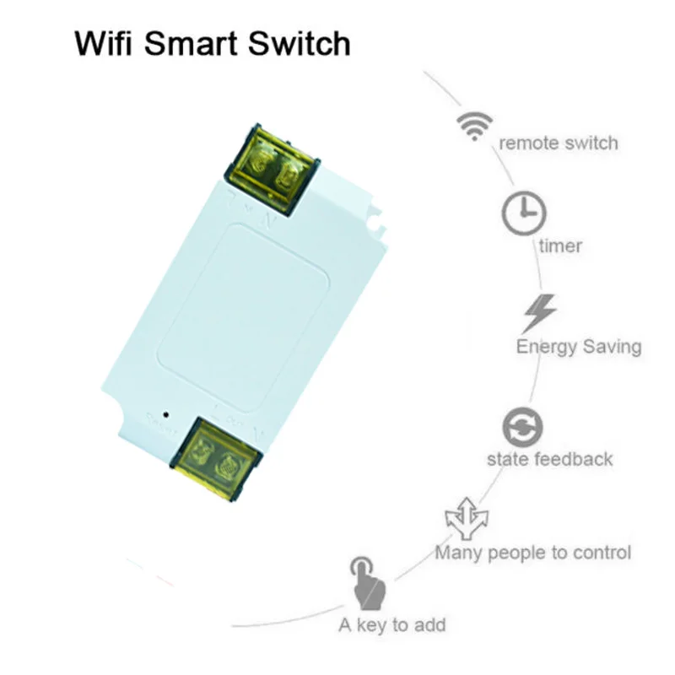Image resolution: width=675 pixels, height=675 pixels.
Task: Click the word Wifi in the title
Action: coord(106,43)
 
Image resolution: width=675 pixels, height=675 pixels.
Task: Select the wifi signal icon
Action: coord(474,124)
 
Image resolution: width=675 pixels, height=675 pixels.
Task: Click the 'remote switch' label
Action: coord(558,143)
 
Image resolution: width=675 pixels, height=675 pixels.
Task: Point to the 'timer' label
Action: coord(560,246)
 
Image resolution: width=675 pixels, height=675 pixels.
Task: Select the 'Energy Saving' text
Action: coord(578,346)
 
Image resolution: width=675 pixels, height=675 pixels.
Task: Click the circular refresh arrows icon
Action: coord(522,427)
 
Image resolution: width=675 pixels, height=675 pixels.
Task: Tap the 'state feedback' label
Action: coord(549,460)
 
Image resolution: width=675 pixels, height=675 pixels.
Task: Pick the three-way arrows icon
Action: coord(466,521)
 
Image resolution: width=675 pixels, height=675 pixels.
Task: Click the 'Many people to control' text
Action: coord(532,553)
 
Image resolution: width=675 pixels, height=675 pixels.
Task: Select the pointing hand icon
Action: coord(363,582)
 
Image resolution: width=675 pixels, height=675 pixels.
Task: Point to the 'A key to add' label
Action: coord(391,625)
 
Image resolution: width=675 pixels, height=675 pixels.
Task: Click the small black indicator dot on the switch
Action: coord(165,414)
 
